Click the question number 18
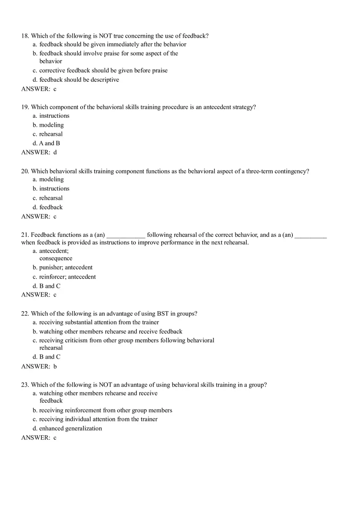[25, 36]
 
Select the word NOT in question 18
[106, 36]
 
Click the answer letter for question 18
[55, 89]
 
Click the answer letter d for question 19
[55, 153]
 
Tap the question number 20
[25, 171]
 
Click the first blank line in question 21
[126, 235]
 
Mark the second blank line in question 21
[310, 235]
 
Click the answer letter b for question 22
[55, 366]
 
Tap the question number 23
[25, 385]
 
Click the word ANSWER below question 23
[36, 438]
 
